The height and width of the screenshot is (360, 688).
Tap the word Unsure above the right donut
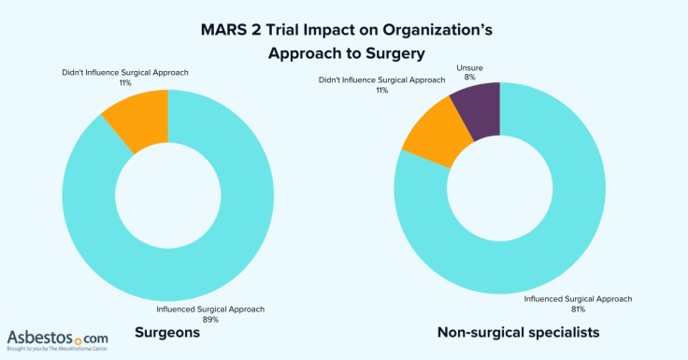(469, 68)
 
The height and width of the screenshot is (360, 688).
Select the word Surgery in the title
(386, 54)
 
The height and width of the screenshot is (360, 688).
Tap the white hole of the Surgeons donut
(166, 198)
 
